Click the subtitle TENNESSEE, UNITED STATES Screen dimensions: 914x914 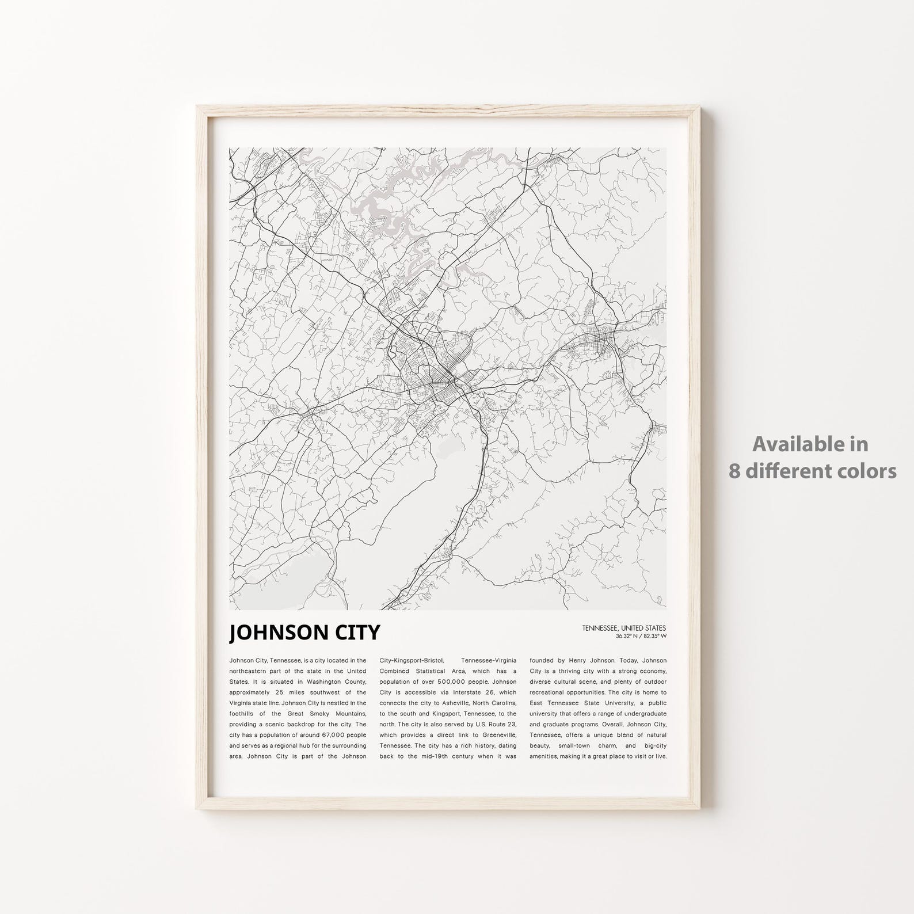click(x=624, y=628)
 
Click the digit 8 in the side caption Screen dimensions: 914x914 click(x=733, y=471)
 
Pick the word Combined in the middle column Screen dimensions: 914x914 click(x=397, y=671)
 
